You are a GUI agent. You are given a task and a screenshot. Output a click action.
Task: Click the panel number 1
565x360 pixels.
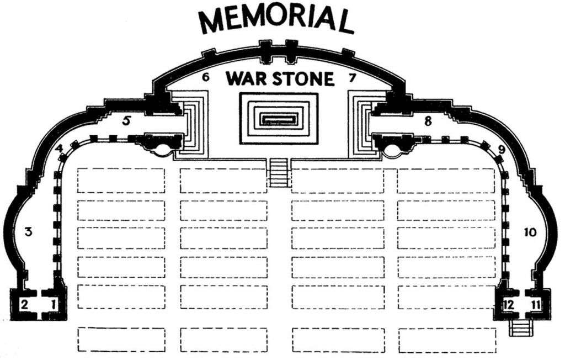tap(54, 305)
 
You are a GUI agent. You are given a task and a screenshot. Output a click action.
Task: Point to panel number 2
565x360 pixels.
tap(24, 305)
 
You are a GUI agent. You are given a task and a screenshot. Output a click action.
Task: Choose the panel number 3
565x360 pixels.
tap(29, 231)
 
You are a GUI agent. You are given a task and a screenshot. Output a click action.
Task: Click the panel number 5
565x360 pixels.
tap(126, 120)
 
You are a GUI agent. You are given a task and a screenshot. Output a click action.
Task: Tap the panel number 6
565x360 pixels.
tap(205, 77)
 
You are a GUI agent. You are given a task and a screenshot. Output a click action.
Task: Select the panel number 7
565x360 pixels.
tap(353, 77)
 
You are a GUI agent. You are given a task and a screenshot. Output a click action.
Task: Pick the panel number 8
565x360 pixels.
tap(428, 121)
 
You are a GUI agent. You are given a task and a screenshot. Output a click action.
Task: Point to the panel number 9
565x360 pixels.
tap(501, 149)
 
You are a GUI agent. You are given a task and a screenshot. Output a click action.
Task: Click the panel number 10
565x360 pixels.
tap(530, 232)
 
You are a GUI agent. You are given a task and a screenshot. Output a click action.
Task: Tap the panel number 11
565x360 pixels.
tap(536, 305)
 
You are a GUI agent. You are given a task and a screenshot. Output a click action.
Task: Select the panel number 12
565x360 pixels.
tap(509, 305)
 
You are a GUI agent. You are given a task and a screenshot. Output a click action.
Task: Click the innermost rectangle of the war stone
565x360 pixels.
tap(279, 119)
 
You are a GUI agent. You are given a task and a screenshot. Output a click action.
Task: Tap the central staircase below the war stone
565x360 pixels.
tap(279, 173)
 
